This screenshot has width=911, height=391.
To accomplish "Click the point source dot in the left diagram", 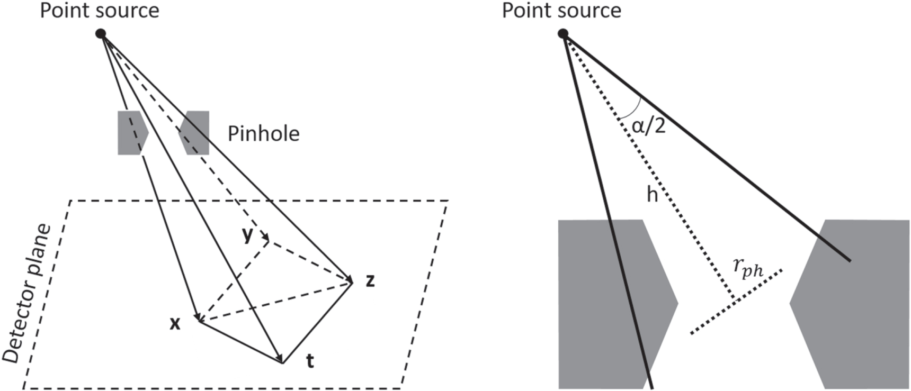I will [101, 34].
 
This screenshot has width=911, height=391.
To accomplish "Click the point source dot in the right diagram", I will [563, 34].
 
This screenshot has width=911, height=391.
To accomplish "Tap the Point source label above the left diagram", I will [100, 11].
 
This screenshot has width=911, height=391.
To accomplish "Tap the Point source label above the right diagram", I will [561, 11].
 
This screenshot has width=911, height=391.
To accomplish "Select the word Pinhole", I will [263, 134].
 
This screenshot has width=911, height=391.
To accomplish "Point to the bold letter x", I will [175, 323].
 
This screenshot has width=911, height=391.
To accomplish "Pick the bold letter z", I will [370, 280].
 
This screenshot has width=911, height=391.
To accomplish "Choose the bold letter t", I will [310, 361].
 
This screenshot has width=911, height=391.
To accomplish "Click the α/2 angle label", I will [648, 125].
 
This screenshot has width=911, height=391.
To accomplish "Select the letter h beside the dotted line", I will [652, 195].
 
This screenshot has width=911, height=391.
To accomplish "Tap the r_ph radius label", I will [748, 267].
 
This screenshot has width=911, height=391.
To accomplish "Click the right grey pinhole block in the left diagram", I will [196, 133].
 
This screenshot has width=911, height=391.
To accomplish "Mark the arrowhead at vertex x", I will [198, 317].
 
